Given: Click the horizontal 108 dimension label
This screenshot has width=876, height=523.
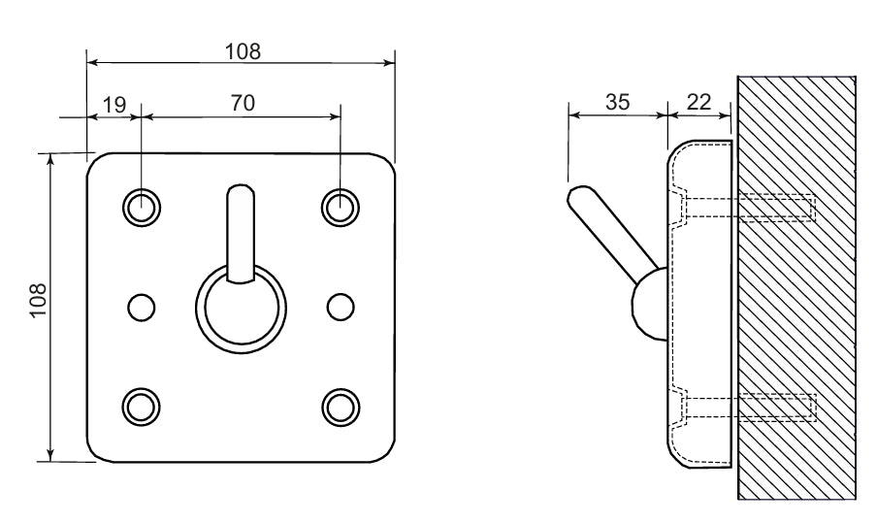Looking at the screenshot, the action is (x=243, y=51).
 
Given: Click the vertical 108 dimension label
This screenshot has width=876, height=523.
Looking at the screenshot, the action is (x=38, y=301).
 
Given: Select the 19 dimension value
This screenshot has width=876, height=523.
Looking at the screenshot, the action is (x=114, y=105).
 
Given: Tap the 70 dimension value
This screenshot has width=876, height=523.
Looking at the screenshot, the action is (x=243, y=104).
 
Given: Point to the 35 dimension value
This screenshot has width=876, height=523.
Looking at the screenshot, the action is (x=617, y=102).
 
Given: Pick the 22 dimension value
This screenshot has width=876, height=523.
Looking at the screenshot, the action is (x=698, y=102).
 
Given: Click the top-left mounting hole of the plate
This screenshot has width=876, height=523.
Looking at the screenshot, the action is (x=142, y=208).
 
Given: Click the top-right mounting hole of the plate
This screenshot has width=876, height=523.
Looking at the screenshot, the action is (x=341, y=208).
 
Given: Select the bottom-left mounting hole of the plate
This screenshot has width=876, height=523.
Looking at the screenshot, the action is (x=141, y=407).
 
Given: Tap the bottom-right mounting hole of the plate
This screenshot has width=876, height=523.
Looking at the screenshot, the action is (x=341, y=407).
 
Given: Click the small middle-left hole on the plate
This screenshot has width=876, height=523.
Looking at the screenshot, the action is (x=142, y=308).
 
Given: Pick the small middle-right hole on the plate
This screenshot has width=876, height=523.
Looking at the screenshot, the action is (x=341, y=308).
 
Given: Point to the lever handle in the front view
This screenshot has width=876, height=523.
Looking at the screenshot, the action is (x=241, y=233).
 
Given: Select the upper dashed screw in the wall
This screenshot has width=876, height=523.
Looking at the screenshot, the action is (x=749, y=208).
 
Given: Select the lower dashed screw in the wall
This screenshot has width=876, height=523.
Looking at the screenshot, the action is (x=749, y=408).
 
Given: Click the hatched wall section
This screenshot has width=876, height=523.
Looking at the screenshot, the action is (x=796, y=287).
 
